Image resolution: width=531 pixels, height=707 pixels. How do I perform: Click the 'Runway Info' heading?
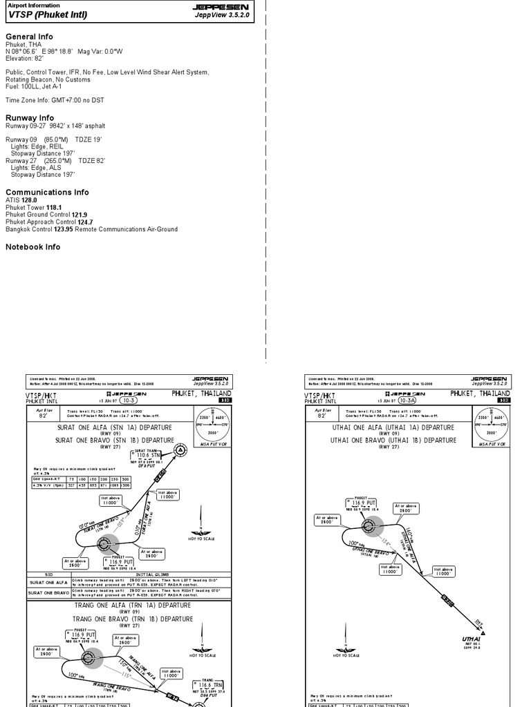[x=30, y=118]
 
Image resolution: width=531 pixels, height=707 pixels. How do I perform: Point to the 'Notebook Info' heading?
[x=33, y=246]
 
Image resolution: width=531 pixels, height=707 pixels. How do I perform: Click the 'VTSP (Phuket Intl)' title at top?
[x=47, y=14]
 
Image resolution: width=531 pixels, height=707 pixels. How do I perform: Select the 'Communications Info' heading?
[x=47, y=192]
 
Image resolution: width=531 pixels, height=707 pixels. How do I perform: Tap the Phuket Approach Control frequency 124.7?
[x=85, y=222]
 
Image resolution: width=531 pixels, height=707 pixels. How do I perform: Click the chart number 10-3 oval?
[x=128, y=400]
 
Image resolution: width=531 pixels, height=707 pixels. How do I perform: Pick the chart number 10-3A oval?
[x=407, y=400]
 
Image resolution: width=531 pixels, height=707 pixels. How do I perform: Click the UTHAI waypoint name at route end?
[x=471, y=639]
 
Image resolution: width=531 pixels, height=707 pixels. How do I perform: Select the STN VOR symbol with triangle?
[x=180, y=451]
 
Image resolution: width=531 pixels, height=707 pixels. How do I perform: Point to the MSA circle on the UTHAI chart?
[x=492, y=427]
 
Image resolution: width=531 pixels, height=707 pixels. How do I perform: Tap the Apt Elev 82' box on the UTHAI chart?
[x=322, y=414]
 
